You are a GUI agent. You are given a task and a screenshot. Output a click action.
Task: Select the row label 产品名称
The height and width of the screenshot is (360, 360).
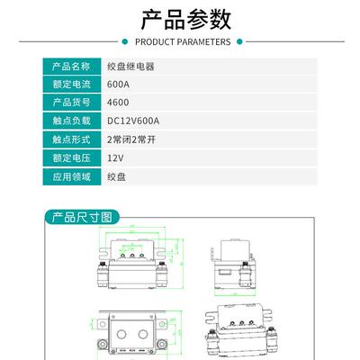click(71, 67)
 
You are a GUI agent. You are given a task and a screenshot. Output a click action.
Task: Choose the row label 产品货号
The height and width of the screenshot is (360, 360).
click(71, 103)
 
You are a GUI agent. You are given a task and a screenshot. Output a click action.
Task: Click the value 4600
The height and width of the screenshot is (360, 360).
click(117, 103)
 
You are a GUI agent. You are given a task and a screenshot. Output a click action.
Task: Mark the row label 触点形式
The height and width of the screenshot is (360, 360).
click(71, 139)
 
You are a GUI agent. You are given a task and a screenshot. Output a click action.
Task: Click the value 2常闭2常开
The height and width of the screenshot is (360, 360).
click(131, 139)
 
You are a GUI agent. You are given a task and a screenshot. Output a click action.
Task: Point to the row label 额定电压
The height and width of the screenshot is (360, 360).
click(71, 157)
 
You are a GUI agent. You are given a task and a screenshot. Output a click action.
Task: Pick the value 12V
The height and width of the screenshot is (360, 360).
click(115, 157)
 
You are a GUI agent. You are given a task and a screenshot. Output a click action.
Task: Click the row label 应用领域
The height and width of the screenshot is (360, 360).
click(71, 176)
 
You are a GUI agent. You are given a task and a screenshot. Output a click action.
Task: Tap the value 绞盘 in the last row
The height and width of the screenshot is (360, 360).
click(116, 176)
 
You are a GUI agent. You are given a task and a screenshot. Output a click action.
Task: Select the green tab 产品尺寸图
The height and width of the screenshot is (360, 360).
click(82, 218)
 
